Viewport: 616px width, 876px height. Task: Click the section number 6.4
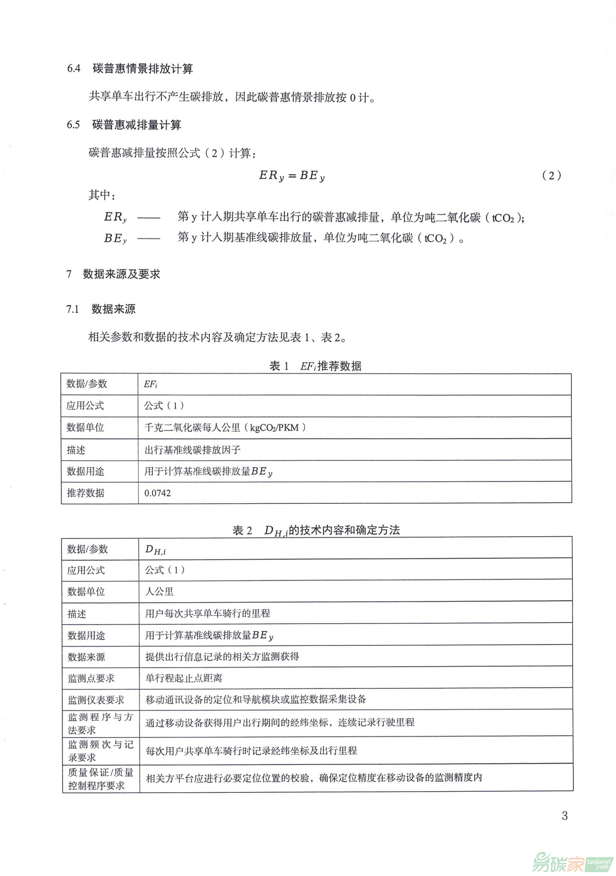(x=73, y=69)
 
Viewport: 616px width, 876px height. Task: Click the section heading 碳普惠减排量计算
(x=137, y=125)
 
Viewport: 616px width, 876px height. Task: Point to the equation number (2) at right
(x=551, y=176)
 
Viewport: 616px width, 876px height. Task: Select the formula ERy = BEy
(x=292, y=176)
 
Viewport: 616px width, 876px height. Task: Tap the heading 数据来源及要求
(x=121, y=274)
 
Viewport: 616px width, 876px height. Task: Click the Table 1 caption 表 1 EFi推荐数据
(x=316, y=366)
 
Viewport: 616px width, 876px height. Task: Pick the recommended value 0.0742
(x=157, y=493)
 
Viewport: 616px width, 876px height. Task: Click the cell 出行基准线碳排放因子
(x=192, y=450)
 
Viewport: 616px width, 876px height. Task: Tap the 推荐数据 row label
(x=85, y=493)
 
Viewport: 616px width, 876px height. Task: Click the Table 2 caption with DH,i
(x=316, y=530)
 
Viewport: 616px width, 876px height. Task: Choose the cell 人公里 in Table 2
(x=159, y=592)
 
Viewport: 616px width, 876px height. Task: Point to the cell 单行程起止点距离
(x=184, y=678)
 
